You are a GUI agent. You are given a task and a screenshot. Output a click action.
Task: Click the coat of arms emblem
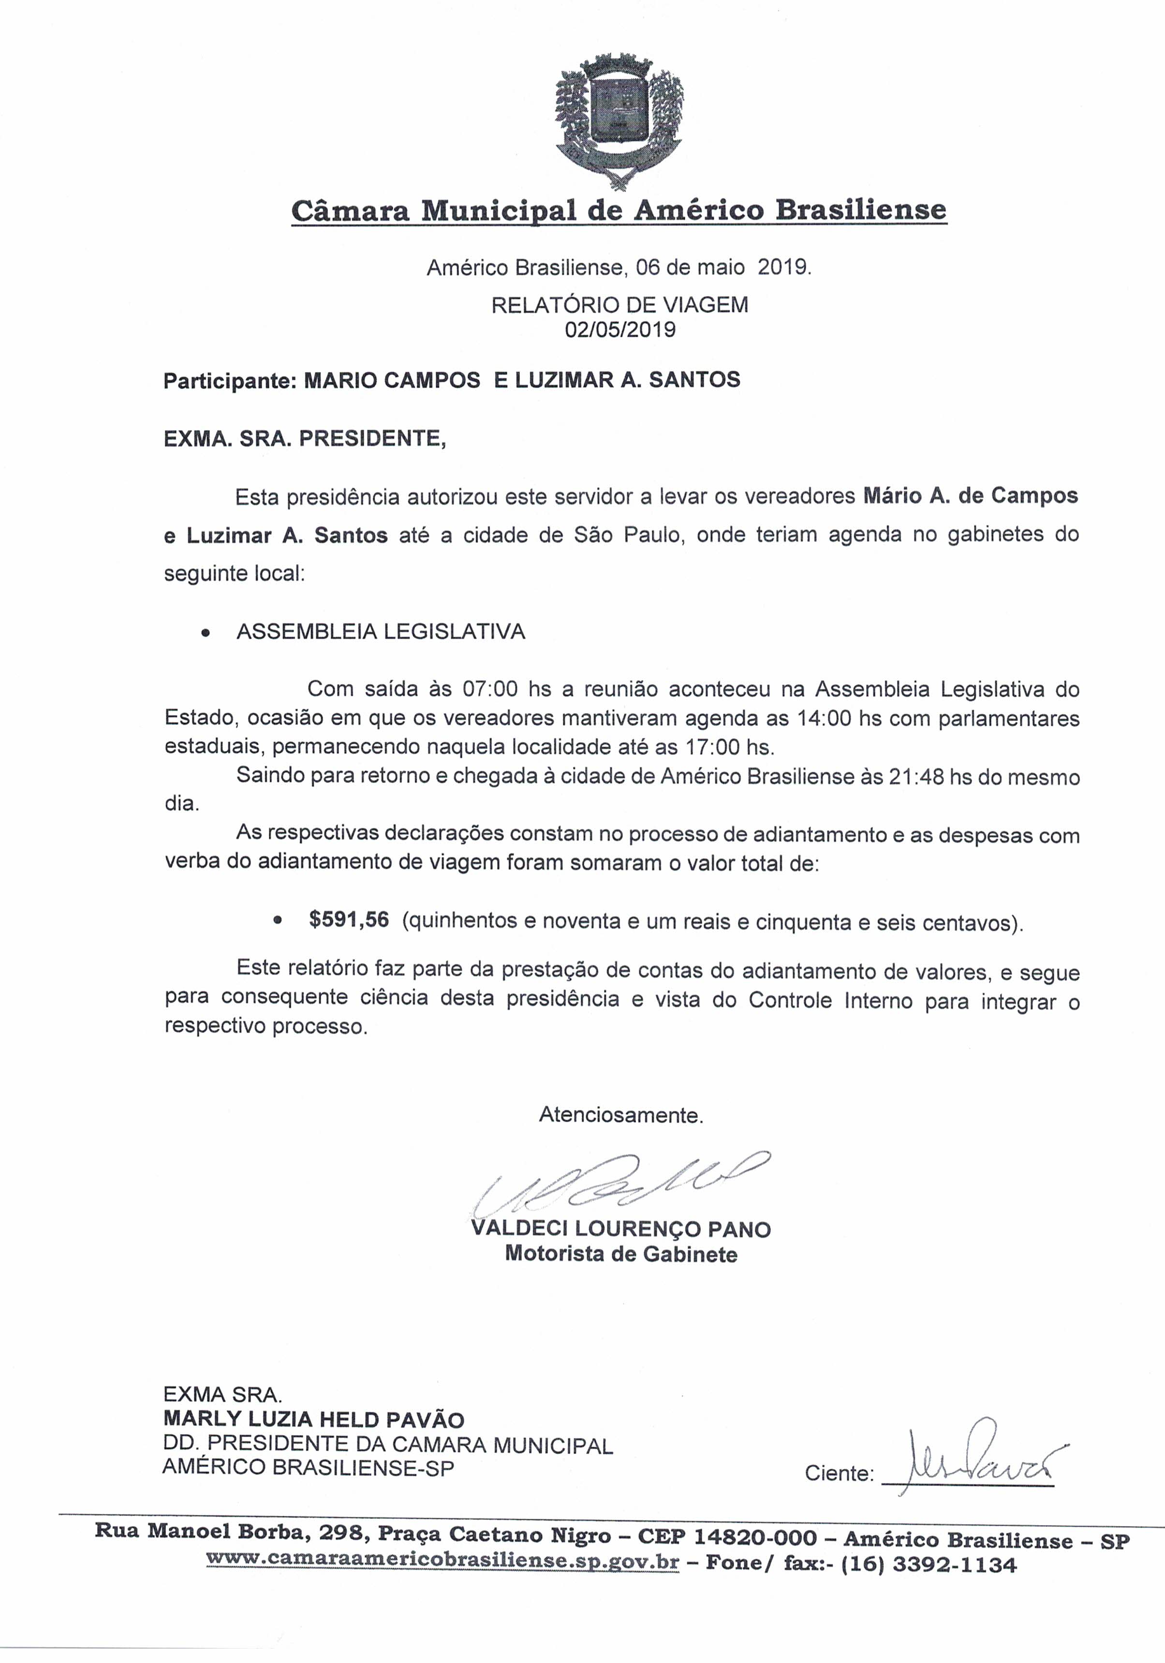pyautogui.click(x=619, y=120)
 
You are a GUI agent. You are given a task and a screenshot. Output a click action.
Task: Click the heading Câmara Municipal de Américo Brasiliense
pyautogui.click(x=619, y=211)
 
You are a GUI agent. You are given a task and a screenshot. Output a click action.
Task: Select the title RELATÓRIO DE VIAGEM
pyautogui.click(x=620, y=305)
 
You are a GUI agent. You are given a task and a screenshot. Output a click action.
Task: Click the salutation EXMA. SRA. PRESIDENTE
pyautogui.click(x=305, y=439)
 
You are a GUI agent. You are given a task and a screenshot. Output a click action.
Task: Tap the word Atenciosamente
pyautogui.click(x=620, y=1115)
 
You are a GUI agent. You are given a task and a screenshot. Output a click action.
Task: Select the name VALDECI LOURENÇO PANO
pyautogui.click(x=620, y=1229)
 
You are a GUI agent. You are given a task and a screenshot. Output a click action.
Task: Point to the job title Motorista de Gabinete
pyautogui.click(x=620, y=1254)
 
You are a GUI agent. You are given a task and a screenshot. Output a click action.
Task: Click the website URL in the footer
pyautogui.click(x=442, y=1561)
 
